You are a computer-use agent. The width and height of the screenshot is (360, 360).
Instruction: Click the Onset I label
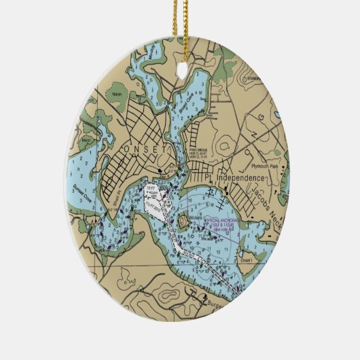point(245,260)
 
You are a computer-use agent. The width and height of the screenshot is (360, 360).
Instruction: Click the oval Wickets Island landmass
point(185,221)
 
